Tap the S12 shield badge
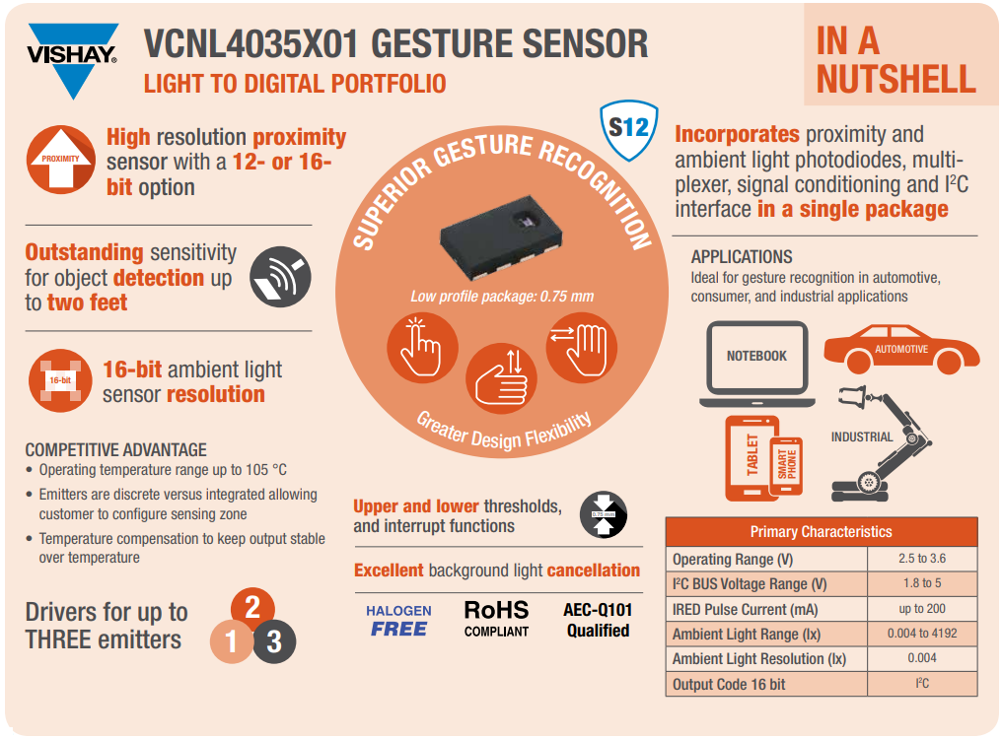[x=628, y=129]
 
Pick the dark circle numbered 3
[x=274, y=642]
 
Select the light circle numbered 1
[x=232, y=642]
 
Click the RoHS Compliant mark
[x=496, y=619]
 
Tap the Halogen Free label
[x=398, y=620]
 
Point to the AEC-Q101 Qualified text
[x=598, y=620]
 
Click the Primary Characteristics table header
[x=821, y=532]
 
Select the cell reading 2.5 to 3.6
[x=921, y=559]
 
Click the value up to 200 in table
[x=921, y=609]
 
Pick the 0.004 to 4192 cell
[x=921, y=634]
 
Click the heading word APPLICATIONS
[x=742, y=257]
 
